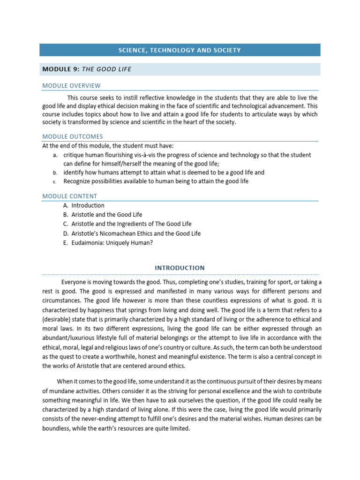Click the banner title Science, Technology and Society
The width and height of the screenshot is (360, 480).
click(180, 50)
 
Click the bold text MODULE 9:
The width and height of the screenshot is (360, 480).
click(61, 69)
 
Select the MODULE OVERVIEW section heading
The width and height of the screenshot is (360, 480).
click(71, 86)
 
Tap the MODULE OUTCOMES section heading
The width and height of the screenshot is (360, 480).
click(73, 136)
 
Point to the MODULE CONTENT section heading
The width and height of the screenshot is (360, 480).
click(70, 196)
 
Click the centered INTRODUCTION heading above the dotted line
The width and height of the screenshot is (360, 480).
click(180, 268)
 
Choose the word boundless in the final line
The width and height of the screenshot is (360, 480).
click(56, 428)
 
